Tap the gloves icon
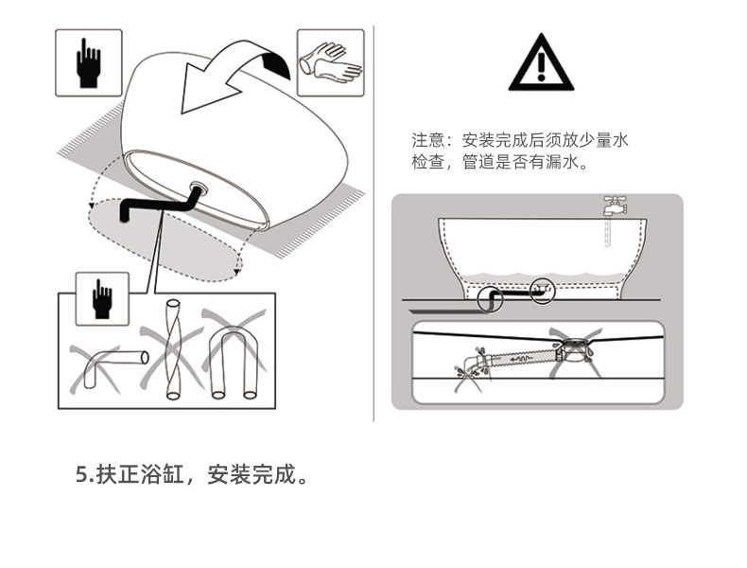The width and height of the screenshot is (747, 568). pos(330,62)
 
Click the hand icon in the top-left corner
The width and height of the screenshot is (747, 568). pos(88,62)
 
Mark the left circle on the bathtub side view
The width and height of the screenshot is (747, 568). pos(490,301)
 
